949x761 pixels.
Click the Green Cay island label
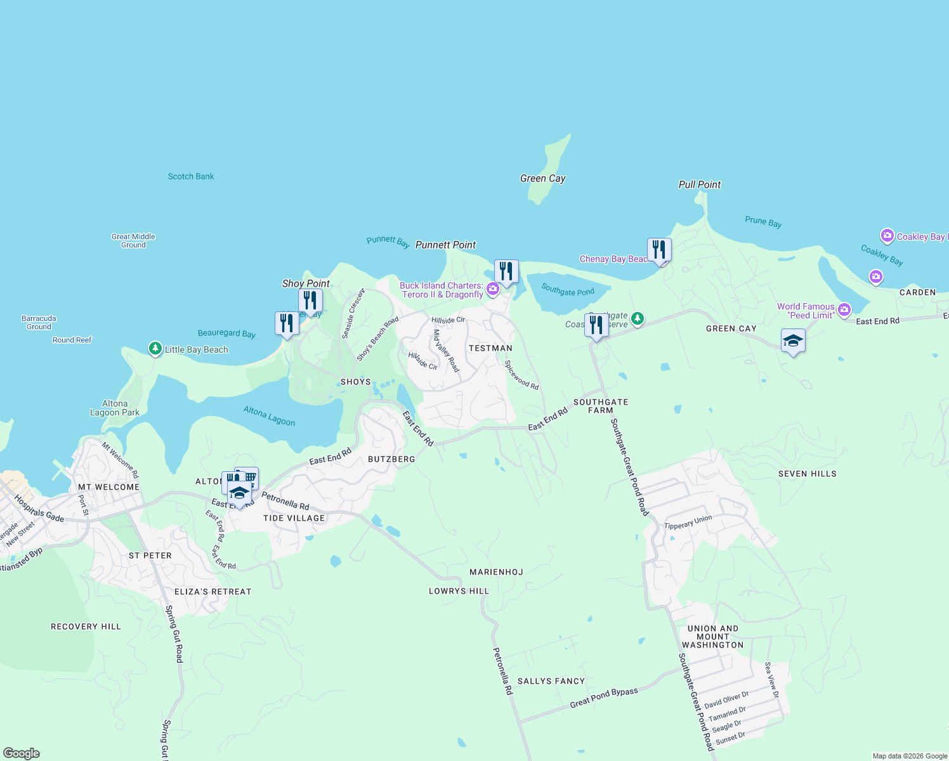(x=542, y=179)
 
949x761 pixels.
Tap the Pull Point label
(x=700, y=185)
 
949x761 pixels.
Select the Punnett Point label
(x=445, y=245)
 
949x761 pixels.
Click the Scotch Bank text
(x=191, y=176)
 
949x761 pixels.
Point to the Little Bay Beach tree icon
(x=155, y=349)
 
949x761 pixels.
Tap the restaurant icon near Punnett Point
(x=506, y=271)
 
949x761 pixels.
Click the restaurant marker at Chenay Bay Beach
(x=659, y=250)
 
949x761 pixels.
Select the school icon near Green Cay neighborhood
(x=793, y=341)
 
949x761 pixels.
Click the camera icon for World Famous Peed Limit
(x=844, y=310)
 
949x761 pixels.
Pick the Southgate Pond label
(x=568, y=290)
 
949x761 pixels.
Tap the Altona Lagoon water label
(x=269, y=416)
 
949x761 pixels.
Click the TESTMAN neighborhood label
(x=490, y=348)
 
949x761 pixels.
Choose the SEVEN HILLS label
(x=807, y=474)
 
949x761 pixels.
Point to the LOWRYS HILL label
(x=459, y=591)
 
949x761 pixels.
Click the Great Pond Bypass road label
(x=604, y=697)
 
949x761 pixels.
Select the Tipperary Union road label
(x=688, y=523)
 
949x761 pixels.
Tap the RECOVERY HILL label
(x=86, y=627)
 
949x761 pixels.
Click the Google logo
(x=22, y=753)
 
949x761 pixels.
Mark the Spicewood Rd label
(x=521, y=375)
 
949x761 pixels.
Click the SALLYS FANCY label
(x=551, y=681)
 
